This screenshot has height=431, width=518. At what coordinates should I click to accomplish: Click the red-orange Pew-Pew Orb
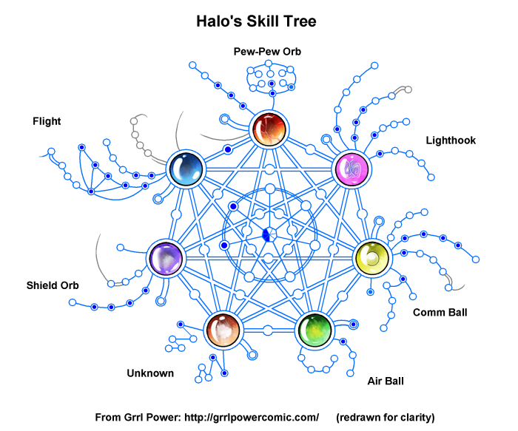pos(268,129)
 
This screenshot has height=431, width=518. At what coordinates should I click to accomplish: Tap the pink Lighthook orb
pos(351,169)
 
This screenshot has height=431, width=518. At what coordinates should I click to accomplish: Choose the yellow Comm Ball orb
pos(371,257)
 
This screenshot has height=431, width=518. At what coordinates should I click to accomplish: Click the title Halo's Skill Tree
pos(256,21)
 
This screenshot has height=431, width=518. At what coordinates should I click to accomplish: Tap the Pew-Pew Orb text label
pos(267,52)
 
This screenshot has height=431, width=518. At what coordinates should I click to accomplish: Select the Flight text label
pos(47,121)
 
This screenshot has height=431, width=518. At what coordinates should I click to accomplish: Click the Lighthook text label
pos(451,140)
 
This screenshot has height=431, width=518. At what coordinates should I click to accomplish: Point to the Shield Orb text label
pos(53,285)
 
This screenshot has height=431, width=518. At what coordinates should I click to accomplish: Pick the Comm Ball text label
pos(440,312)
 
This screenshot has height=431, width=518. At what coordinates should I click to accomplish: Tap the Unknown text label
pos(150,373)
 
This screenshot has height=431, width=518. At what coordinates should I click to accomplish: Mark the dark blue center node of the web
pos(267,235)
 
